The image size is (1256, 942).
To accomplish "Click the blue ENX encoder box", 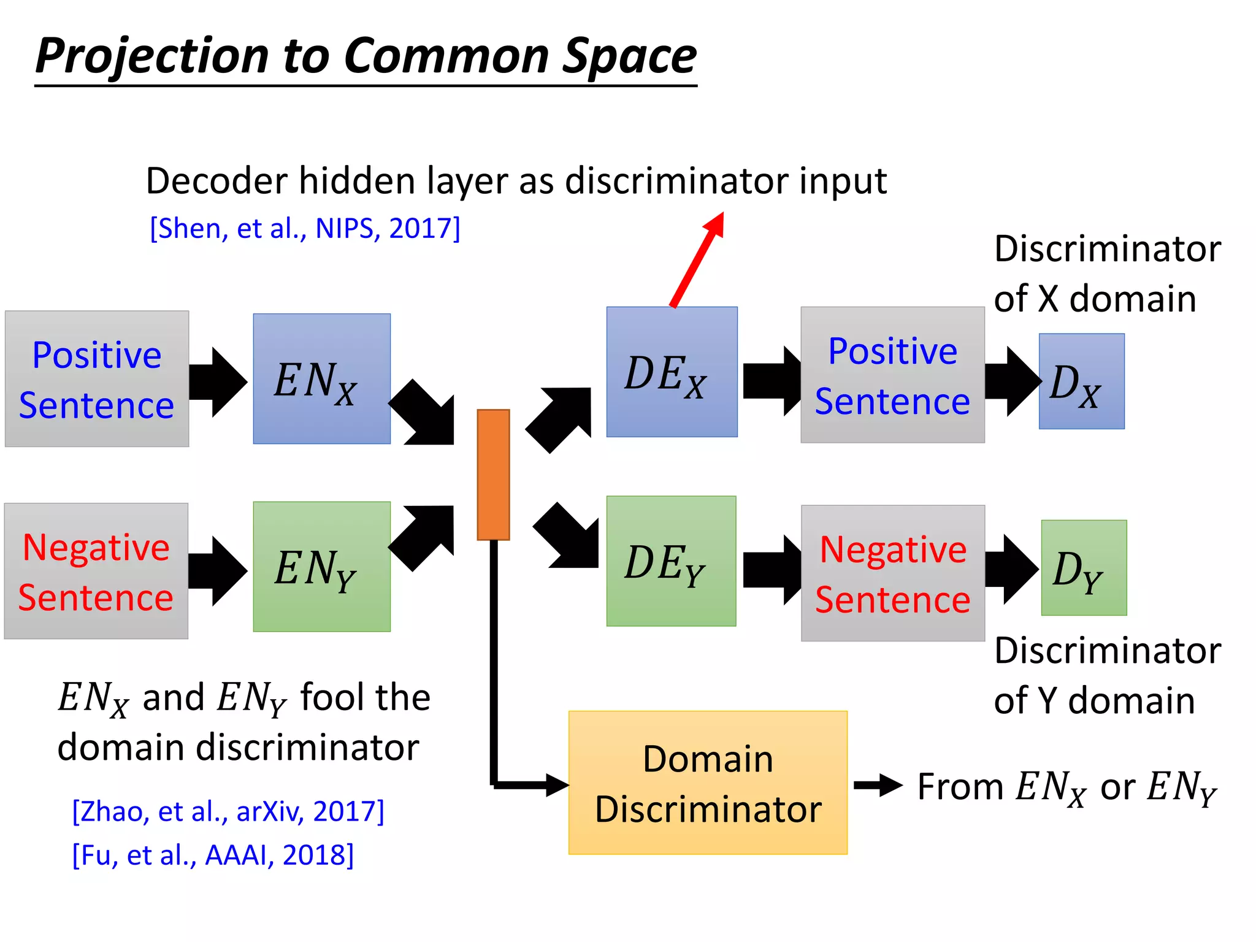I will coord(321,378).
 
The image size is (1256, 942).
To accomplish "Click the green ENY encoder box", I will coord(321,566).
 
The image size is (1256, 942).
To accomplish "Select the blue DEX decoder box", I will coord(672,372).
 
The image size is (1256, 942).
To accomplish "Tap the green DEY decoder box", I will coord(671,561).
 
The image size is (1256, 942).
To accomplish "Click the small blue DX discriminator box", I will coord(1081,381).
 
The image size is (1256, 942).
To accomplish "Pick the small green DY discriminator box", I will coord(1084,567).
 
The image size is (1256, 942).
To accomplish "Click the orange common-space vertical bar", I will coord(493,474).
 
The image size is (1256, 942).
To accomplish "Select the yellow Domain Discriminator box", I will coord(707,783).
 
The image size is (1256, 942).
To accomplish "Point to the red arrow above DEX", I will coord(698,259).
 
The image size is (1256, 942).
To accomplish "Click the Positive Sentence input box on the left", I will coord(97,378).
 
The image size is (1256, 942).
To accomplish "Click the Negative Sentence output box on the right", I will coord(892,573).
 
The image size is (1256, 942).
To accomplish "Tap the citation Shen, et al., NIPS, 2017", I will coord(305,228).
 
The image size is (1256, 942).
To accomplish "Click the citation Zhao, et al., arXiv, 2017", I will coord(228,811).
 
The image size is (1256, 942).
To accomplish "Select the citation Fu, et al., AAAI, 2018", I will coord(213,854).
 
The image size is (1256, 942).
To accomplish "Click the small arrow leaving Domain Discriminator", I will coord(877,785).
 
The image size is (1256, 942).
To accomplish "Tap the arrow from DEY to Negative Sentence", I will coord(772,570).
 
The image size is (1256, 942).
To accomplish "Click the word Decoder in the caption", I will coord(216,181).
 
